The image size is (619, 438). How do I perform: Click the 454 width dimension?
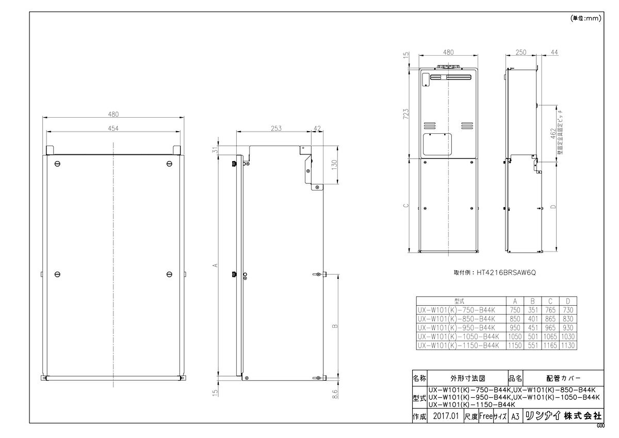(113, 129)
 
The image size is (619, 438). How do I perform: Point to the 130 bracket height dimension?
(334, 165)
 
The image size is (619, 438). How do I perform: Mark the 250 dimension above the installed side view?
(520, 52)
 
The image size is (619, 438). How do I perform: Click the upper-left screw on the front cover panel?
(57, 164)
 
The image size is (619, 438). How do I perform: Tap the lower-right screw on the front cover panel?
(170, 273)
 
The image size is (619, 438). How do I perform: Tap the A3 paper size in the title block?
(514, 415)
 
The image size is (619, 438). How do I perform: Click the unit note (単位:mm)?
(587, 18)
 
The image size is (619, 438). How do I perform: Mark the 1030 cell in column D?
(568, 336)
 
